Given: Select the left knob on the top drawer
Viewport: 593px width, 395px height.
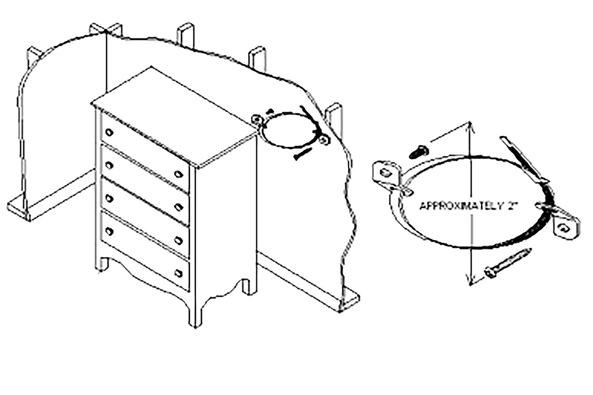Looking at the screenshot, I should click(x=109, y=132).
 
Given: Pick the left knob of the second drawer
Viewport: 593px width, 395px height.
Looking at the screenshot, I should click(x=109, y=165).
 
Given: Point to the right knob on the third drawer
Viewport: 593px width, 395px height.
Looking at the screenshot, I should click(x=179, y=240).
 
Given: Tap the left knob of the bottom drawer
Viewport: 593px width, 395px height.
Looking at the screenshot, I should click(x=109, y=230).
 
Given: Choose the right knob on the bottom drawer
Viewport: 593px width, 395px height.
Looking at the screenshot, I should click(x=179, y=273).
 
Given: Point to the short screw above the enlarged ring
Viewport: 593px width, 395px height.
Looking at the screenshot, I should click(x=418, y=150).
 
